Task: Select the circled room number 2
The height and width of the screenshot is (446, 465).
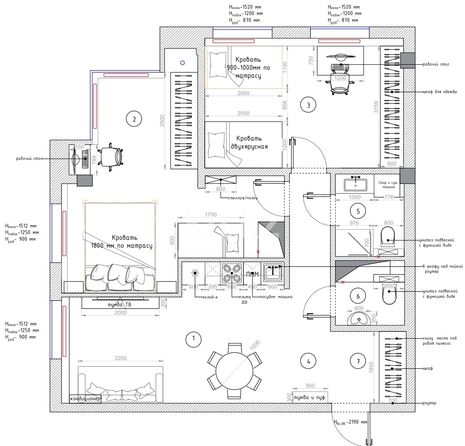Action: coord(134,119)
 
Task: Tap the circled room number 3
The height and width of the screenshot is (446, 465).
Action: coord(308,104)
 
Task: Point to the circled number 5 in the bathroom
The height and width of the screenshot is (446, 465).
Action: coord(358,211)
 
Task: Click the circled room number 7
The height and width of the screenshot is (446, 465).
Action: coord(358,362)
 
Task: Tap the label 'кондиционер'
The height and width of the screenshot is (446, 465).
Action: coord(86,399)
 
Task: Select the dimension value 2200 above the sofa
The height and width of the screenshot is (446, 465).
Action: coord(120,359)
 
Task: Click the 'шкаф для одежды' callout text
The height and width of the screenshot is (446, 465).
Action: coord(438,92)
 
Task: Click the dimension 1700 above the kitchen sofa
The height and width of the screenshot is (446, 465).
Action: coord(211,214)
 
